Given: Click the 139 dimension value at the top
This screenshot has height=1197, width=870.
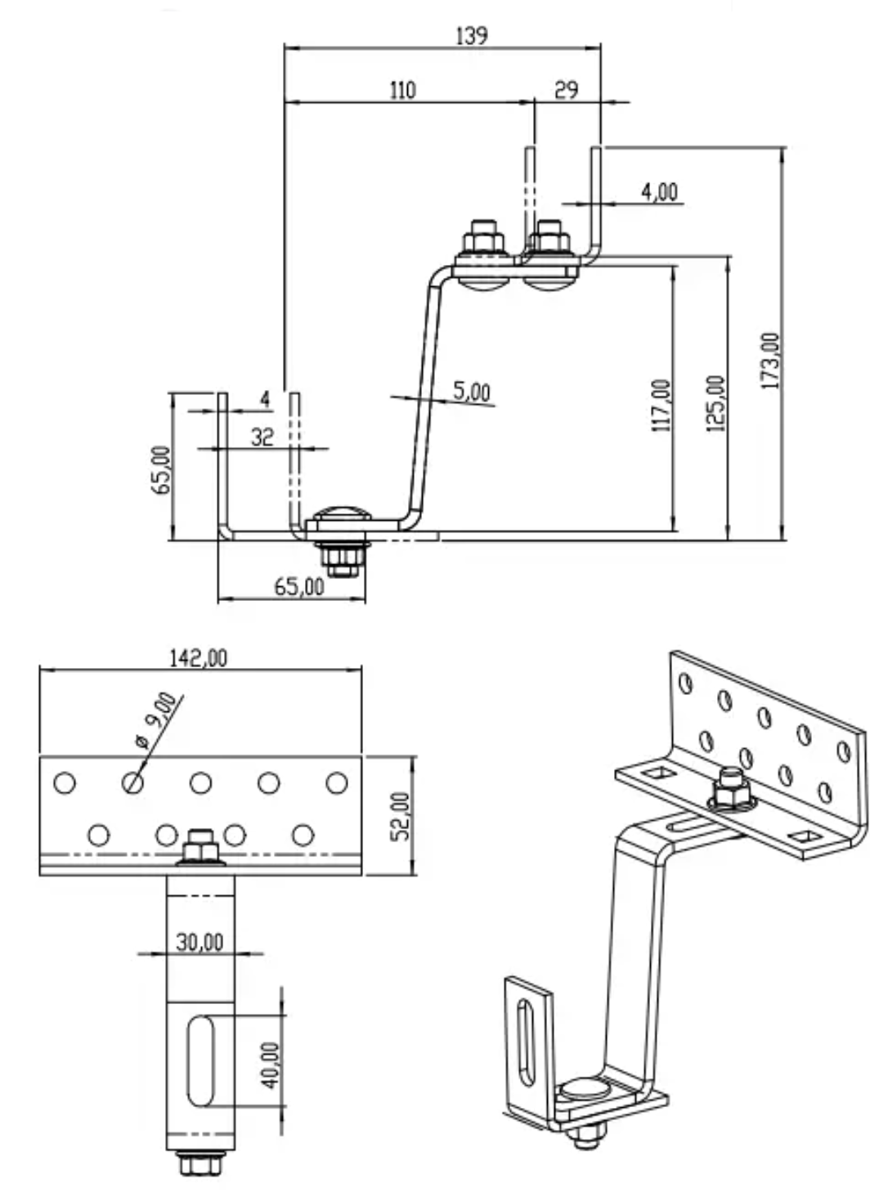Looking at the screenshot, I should (x=471, y=35).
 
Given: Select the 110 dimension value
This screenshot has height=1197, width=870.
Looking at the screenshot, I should (x=401, y=89).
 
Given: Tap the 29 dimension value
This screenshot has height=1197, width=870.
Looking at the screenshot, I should (x=566, y=89).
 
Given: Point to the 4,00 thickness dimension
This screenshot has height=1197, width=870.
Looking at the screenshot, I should (x=659, y=192).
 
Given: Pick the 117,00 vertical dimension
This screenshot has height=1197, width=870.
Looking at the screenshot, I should (x=661, y=405).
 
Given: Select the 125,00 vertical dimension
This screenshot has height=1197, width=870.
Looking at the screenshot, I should (x=715, y=403).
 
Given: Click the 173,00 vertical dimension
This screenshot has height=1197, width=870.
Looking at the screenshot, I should (x=771, y=361).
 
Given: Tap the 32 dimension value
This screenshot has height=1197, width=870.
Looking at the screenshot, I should (x=262, y=437).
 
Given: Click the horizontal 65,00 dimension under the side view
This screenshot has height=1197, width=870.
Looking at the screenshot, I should (x=298, y=586).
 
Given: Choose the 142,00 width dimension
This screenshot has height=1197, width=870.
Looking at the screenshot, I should (x=199, y=657).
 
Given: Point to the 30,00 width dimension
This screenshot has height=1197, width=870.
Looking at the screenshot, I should (x=200, y=942).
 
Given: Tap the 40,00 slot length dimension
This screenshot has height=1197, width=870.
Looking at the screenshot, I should (x=271, y=1065).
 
